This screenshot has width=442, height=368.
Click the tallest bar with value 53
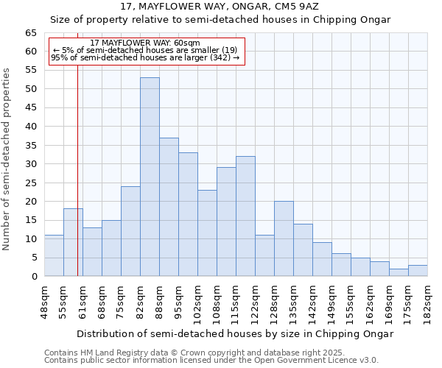[x=150, y=177]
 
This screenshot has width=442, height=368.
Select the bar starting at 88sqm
[x=169, y=207]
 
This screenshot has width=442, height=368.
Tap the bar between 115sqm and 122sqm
[x=245, y=216]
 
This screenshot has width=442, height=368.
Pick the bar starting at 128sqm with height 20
[x=284, y=238]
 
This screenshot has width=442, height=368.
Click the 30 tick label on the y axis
[x=31, y=164]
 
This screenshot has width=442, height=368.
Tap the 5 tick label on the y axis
[x=34, y=258]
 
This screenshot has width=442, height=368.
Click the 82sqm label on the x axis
[x=141, y=300]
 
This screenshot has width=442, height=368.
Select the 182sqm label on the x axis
[x=428, y=300]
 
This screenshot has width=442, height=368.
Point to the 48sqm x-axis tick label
[x=45, y=300]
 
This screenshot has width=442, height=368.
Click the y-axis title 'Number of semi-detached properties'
[x=7, y=159]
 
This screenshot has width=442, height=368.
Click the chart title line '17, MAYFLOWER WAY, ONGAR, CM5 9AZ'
[x=220, y=7]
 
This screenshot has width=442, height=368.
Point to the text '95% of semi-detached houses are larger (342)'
[x=145, y=57]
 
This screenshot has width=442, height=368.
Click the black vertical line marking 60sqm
[x=77, y=184]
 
